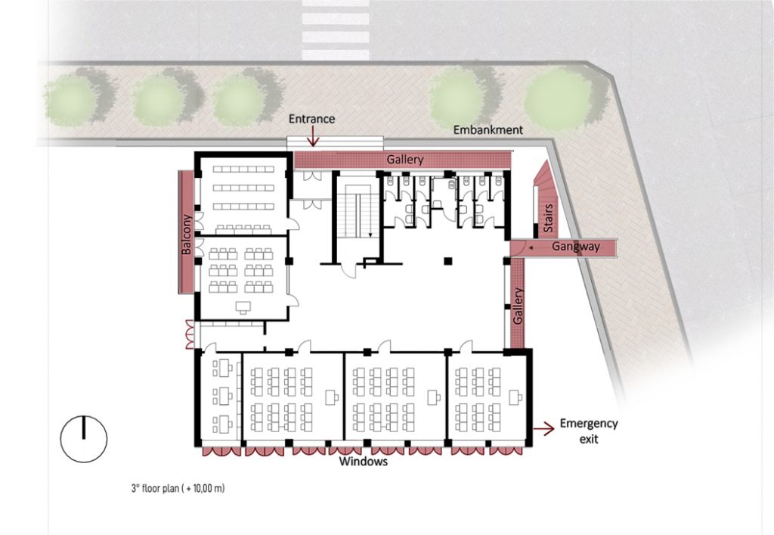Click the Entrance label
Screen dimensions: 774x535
coord(311,119)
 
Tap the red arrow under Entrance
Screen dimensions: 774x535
coord(312,136)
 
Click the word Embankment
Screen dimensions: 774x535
coord(488,130)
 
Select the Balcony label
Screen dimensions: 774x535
coord(186,234)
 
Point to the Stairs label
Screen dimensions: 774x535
coord(549,218)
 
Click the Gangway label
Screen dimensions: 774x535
coord(575,246)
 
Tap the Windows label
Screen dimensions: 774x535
coord(363,462)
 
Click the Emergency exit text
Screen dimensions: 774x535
coord(588,431)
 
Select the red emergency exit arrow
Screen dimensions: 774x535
coord(544,429)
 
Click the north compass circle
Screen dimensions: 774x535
coord(83,439)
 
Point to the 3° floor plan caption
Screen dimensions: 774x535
coord(178,489)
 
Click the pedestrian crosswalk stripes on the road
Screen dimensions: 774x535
coord(336,30)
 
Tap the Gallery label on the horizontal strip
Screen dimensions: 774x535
coord(405,160)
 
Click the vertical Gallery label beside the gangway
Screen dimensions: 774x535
coord(517,306)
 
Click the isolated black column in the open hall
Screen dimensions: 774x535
coord(447,261)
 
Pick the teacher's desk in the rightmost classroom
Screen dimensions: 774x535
coord(515,397)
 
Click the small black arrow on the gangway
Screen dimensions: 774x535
coord(531,247)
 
